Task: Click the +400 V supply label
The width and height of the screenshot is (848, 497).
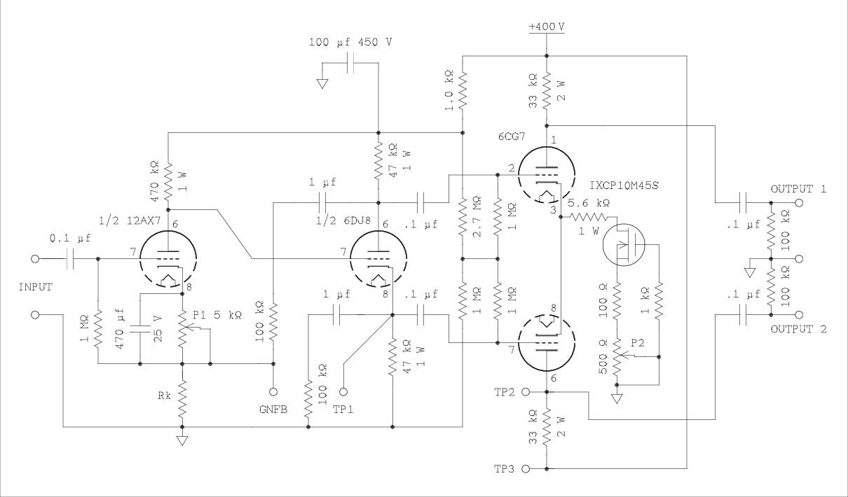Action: point(547,27)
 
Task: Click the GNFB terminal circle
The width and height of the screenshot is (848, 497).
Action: point(273,393)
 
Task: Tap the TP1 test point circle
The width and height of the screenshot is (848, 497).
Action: point(343,393)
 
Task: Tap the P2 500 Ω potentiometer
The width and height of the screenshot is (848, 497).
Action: point(617,357)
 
